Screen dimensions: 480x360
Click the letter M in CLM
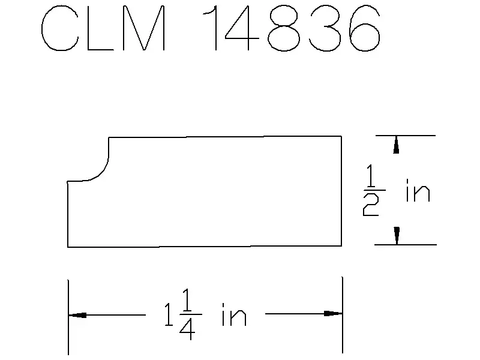click(x=143, y=28)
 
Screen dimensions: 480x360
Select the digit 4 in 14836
click(x=242, y=28)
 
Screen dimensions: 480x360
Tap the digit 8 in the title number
click(x=284, y=28)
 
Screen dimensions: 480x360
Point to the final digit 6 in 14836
click(x=365, y=28)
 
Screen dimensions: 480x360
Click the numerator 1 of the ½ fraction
click(x=371, y=175)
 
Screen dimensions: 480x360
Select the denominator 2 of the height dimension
click(x=371, y=205)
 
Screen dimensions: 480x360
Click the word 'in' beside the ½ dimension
click(x=418, y=191)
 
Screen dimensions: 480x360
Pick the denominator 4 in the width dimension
click(x=187, y=328)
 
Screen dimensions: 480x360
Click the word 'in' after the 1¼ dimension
click(x=234, y=314)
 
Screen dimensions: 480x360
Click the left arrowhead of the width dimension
click(x=77, y=315)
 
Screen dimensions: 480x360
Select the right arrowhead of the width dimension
click(x=333, y=313)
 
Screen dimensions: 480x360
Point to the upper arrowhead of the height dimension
click(x=396, y=145)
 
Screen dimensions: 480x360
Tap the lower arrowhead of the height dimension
click(x=397, y=236)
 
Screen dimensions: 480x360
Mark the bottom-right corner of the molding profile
click(x=341, y=246)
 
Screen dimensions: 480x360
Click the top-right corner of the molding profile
click(x=341, y=136)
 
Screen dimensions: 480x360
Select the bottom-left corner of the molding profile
click(x=68, y=247)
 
